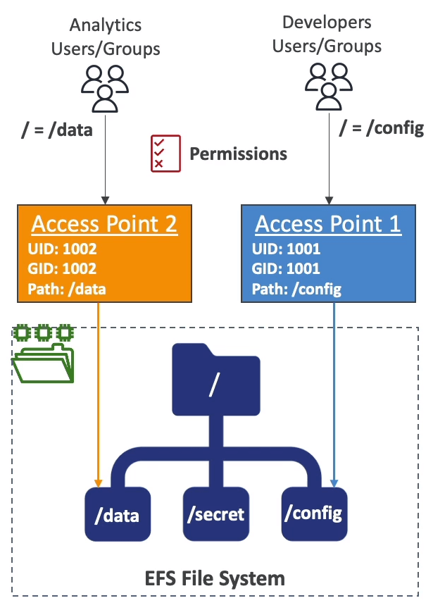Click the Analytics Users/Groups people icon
click(105, 88)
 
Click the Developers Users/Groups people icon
click(327, 86)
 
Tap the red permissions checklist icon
click(165, 153)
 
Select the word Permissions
click(238, 154)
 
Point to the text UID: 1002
click(62, 249)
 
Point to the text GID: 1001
click(286, 268)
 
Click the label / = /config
click(382, 127)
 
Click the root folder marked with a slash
click(215, 381)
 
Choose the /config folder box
click(313, 512)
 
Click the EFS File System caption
click(215, 578)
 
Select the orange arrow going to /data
click(99, 394)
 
